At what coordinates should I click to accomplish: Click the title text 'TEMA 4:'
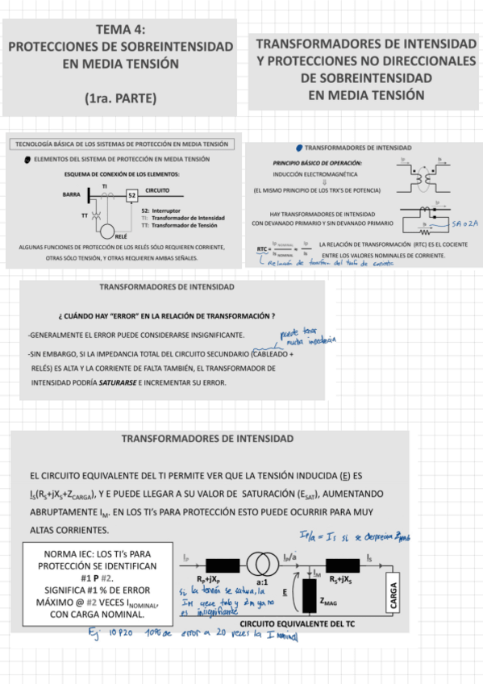(x=120, y=29)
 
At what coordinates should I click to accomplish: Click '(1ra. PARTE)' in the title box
(x=120, y=99)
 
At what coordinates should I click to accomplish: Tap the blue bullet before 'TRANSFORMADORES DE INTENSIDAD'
(x=299, y=148)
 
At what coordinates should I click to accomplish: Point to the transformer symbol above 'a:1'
(x=260, y=562)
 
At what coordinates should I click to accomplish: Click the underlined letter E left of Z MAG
(x=285, y=591)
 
